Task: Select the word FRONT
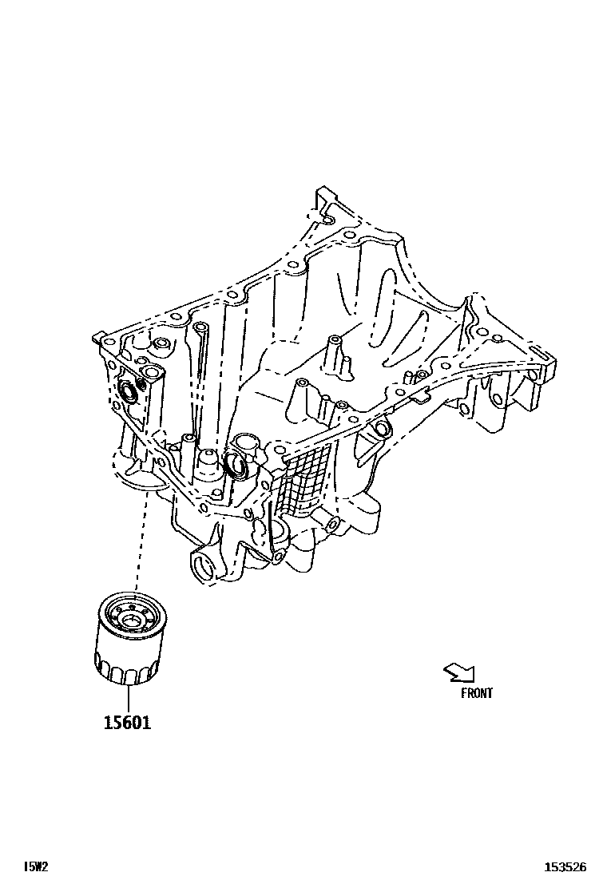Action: click(x=477, y=693)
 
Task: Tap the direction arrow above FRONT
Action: click(x=458, y=673)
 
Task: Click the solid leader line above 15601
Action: click(x=126, y=697)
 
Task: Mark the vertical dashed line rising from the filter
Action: click(x=140, y=543)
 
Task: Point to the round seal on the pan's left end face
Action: click(x=127, y=391)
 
